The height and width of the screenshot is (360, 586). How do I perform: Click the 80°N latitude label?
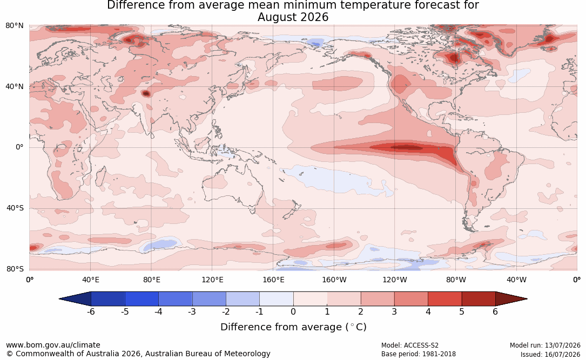click(x=14, y=26)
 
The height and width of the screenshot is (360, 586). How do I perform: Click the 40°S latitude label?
click(x=15, y=208)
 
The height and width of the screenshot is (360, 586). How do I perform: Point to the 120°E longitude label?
click(x=212, y=280)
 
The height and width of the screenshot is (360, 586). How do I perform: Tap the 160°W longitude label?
click(x=334, y=280)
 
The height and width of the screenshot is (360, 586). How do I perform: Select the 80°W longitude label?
click(x=456, y=280)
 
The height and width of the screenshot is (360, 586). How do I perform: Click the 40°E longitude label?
click(x=90, y=280)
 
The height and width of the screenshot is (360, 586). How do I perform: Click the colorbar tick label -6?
click(x=90, y=311)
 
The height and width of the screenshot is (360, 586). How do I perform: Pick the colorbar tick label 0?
click(x=293, y=311)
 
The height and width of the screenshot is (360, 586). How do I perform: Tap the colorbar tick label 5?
click(x=462, y=311)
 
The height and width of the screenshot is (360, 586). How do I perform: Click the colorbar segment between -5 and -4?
click(x=142, y=299)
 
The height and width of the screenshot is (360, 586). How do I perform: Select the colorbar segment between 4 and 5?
click(x=445, y=299)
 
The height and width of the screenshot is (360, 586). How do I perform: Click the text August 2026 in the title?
click(x=293, y=17)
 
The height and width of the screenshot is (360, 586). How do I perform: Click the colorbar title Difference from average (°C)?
click(x=293, y=327)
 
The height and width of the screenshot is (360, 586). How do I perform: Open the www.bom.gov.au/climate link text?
click(x=53, y=345)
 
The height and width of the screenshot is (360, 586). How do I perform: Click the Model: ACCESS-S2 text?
click(x=410, y=345)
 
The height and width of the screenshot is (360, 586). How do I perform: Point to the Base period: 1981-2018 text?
click(x=419, y=354)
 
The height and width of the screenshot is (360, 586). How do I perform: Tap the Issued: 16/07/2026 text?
click(x=550, y=354)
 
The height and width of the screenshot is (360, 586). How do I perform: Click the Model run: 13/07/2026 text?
click(x=545, y=345)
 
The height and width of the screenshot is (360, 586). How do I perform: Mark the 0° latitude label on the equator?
click(x=19, y=147)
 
